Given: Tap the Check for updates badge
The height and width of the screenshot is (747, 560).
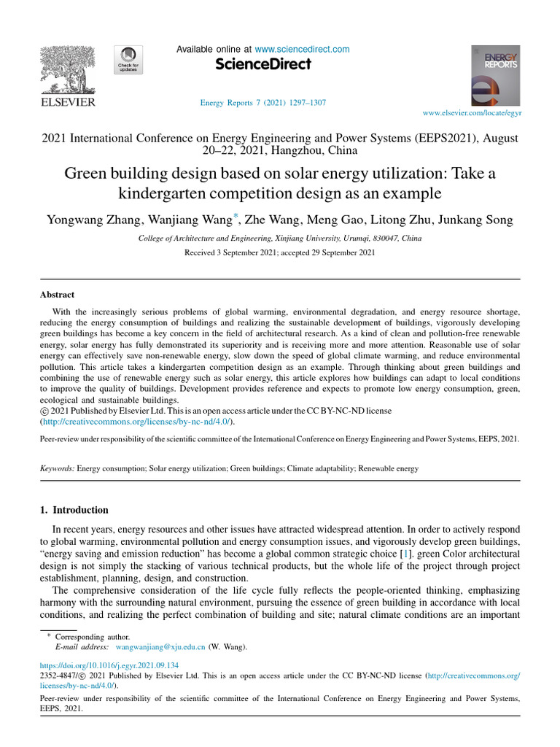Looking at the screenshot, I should pyautogui.click(x=128, y=59).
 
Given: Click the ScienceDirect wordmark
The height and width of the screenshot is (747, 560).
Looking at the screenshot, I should pyautogui.click(x=263, y=64).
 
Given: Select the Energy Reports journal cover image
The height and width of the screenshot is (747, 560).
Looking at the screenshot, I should pyautogui.click(x=495, y=76).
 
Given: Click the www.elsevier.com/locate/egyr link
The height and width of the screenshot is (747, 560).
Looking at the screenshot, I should pyautogui.click(x=472, y=114).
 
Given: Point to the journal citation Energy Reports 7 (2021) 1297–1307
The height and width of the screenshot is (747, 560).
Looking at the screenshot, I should pyautogui.click(x=262, y=103).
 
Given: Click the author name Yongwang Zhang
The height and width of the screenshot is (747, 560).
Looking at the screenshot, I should pyautogui.click(x=87, y=220).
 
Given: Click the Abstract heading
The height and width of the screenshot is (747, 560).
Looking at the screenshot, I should pyautogui.click(x=57, y=295).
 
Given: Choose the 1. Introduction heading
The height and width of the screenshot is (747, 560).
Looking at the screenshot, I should pyautogui.click(x=74, y=510).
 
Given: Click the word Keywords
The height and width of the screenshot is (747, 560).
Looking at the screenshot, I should pyautogui.click(x=56, y=468).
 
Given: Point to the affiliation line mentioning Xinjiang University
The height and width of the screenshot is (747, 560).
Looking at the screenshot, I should pyautogui.click(x=279, y=239).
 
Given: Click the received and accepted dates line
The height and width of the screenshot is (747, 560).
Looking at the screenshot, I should pyautogui.click(x=280, y=252).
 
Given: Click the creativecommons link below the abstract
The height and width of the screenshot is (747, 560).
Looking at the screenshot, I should pyautogui.click(x=138, y=422).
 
